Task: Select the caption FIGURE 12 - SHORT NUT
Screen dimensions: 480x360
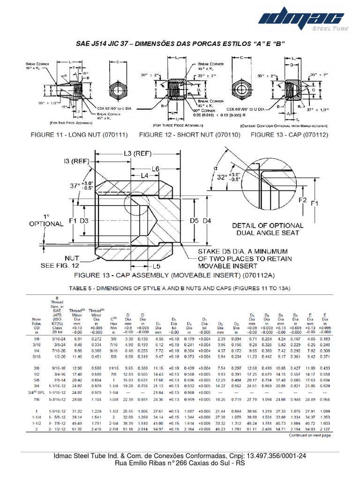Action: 191,135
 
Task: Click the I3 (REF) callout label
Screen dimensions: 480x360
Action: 74,162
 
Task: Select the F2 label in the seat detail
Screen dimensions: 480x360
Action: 303,201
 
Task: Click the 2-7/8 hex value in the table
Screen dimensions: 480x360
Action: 113,428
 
